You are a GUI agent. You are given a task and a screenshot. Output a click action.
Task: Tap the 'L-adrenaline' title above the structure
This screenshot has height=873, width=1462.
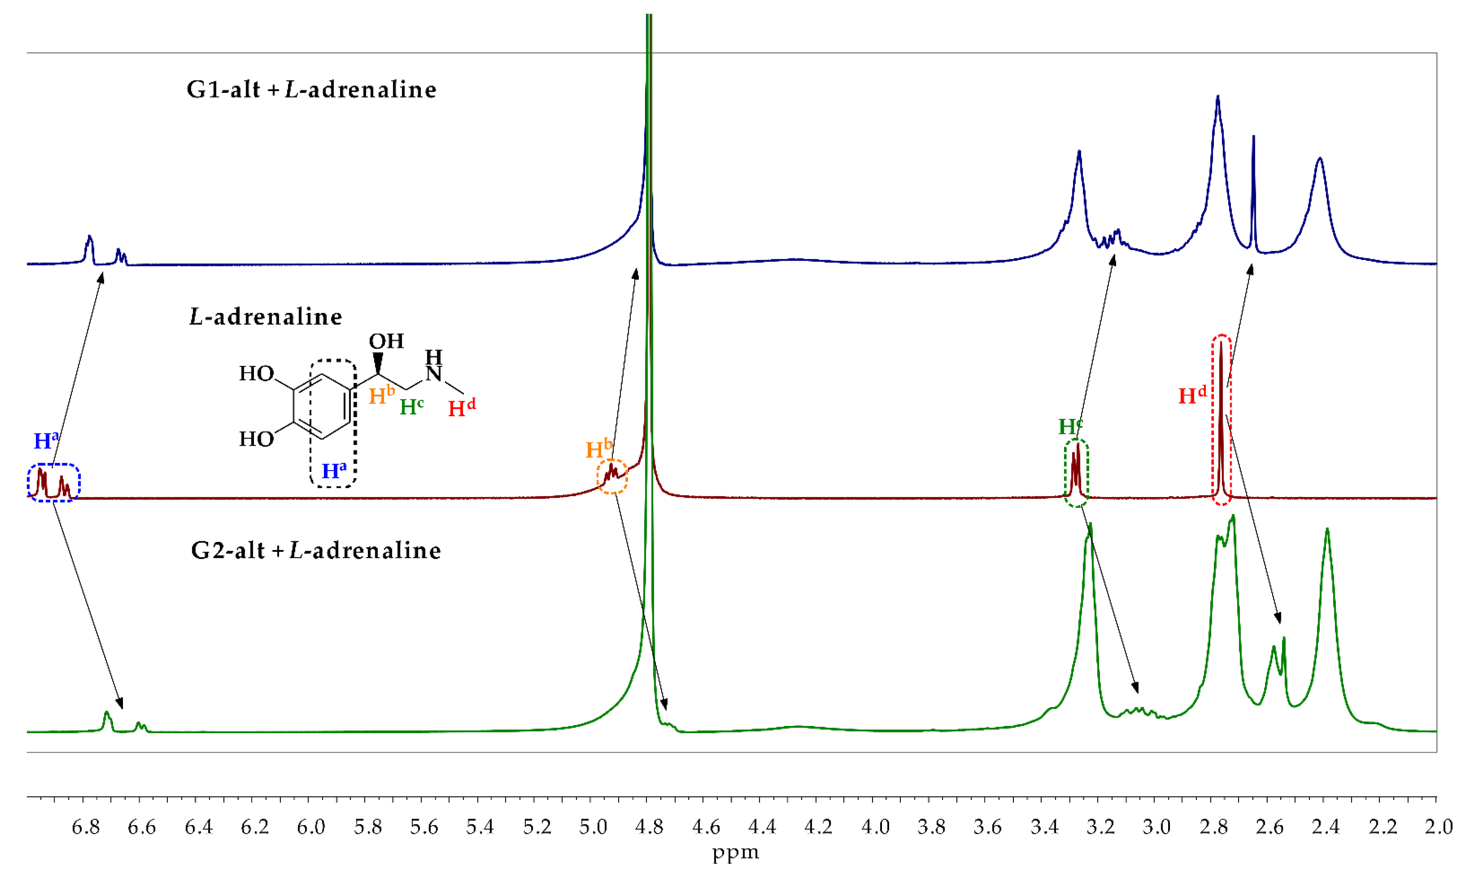266,318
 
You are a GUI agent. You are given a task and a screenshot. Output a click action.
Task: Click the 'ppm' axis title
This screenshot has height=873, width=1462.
735,852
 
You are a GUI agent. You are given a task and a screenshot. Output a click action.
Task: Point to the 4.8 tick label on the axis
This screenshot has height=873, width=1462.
649,827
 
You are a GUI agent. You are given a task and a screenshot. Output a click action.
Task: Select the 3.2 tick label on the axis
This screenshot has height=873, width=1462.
1100,827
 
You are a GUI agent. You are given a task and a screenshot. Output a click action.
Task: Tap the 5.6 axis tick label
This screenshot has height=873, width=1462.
424,827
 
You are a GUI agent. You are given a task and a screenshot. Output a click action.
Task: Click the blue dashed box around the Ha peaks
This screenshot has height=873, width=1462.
53,482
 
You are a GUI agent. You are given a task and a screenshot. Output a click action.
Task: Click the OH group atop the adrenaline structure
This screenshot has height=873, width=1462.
386,341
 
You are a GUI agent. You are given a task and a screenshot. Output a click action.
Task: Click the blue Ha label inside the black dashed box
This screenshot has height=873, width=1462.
334,470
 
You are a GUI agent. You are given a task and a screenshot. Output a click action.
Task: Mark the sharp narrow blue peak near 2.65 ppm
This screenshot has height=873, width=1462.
1253,176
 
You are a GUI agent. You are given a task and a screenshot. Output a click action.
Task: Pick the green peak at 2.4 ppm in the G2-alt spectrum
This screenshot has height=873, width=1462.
1327,588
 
